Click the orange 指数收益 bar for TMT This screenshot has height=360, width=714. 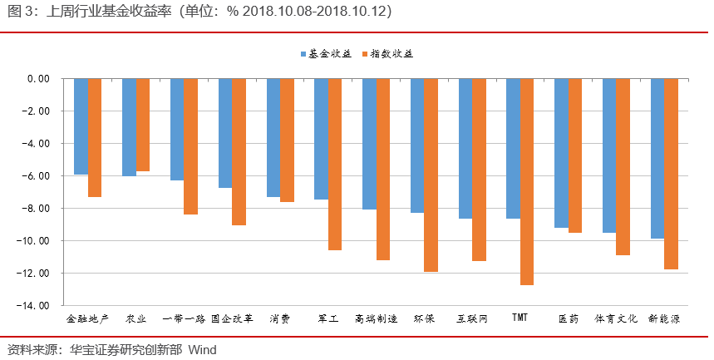pyautogui.click(x=527, y=182)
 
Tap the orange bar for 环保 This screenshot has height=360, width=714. pyautogui.click(x=431, y=175)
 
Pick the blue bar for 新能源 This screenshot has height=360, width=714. pyautogui.click(x=657, y=159)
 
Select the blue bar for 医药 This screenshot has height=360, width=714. pyautogui.click(x=561, y=153)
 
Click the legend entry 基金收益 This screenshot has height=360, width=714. pyautogui.click(x=324, y=53)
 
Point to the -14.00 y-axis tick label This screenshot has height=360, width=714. pyautogui.click(x=34, y=305)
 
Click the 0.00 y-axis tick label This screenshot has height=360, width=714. pyautogui.click(x=38, y=79)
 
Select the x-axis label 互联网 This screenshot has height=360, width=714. pyautogui.click(x=472, y=318)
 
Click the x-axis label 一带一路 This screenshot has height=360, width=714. pyautogui.click(x=184, y=318)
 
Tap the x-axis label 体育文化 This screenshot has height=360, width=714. pyautogui.click(x=616, y=318)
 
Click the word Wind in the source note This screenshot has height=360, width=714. pyautogui.click(x=202, y=349)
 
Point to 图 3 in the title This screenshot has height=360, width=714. pyautogui.click(x=18, y=12)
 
